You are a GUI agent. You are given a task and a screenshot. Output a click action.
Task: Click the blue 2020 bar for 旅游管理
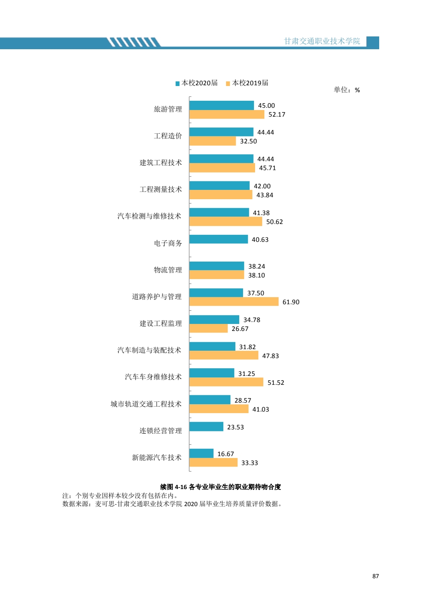[x=221, y=105]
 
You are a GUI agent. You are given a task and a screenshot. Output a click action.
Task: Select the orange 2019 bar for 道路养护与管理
[x=234, y=302]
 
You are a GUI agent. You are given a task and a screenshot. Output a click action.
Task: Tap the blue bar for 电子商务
[x=218, y=239]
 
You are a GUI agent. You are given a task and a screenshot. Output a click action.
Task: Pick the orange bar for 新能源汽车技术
[x=213, y=463]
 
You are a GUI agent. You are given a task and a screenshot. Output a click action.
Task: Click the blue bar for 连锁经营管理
[x=206, y=427]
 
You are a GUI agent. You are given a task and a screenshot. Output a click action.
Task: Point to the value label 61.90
[x=291, y=302]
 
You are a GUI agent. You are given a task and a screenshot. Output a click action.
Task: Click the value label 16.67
[x=226, y=454]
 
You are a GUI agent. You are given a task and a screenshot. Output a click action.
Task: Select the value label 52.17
[x=277, y=115]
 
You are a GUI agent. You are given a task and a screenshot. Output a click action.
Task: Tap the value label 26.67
[x=240, y=329]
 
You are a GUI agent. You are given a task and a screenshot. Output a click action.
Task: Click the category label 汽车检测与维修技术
[x=149, y=216]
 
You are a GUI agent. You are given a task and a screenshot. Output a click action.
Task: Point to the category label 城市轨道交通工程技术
[x=146, y=404]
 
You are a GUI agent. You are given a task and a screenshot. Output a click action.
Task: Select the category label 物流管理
[x=167, y=270]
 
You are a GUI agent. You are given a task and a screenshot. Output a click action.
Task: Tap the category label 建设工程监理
[x=161, y=324]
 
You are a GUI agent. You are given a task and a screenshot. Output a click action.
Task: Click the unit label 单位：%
[x=347, y=90]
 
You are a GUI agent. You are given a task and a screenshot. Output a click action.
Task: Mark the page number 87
[x=375, y=576]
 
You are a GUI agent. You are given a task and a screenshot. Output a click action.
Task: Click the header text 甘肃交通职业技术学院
[x=322, y=41]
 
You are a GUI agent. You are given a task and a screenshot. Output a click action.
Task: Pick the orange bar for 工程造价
[x=212, y=141]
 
